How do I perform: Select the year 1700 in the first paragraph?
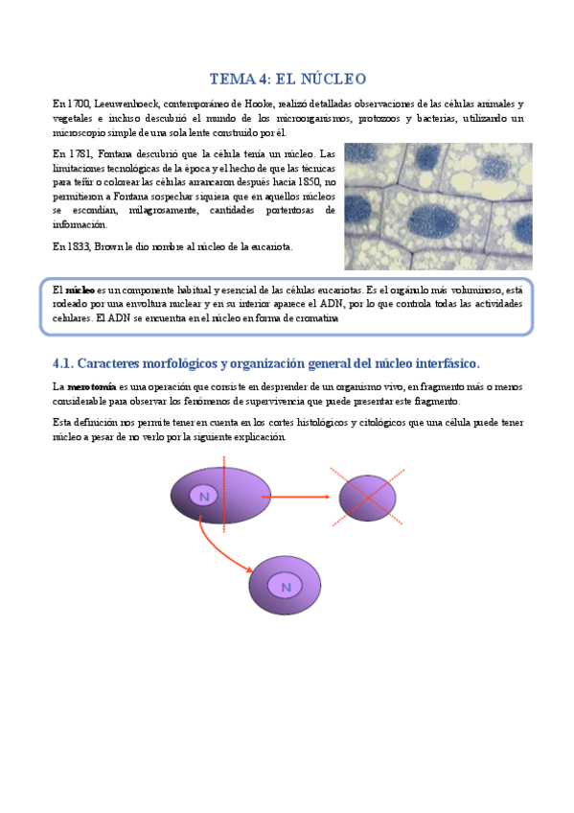[78, 104]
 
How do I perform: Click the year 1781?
[79, 154]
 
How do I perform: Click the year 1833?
[79, 246]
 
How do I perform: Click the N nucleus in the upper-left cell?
[203, 495]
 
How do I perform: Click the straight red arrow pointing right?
[297, 496]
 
